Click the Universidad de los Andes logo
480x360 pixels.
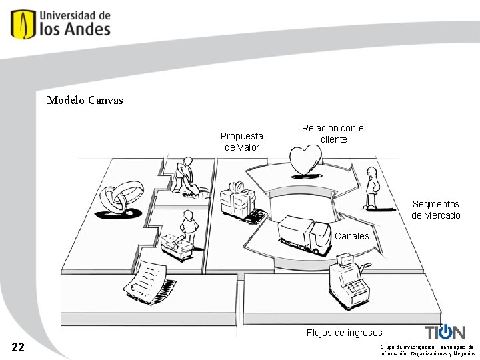(61, 24)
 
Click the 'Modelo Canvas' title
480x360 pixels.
(85, 101)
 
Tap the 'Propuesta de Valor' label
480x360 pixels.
(242, 141)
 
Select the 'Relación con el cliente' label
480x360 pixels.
(333, 133)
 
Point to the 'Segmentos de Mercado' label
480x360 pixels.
(435, 209)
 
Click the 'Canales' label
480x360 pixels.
(351, 236)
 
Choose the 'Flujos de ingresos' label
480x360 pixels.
(344, 333)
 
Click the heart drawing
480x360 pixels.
(305, 161)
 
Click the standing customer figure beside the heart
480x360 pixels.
(371, 188)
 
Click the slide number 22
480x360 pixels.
(19, 347)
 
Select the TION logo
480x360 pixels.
(445, 332)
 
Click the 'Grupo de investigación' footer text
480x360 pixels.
(427, 350)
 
